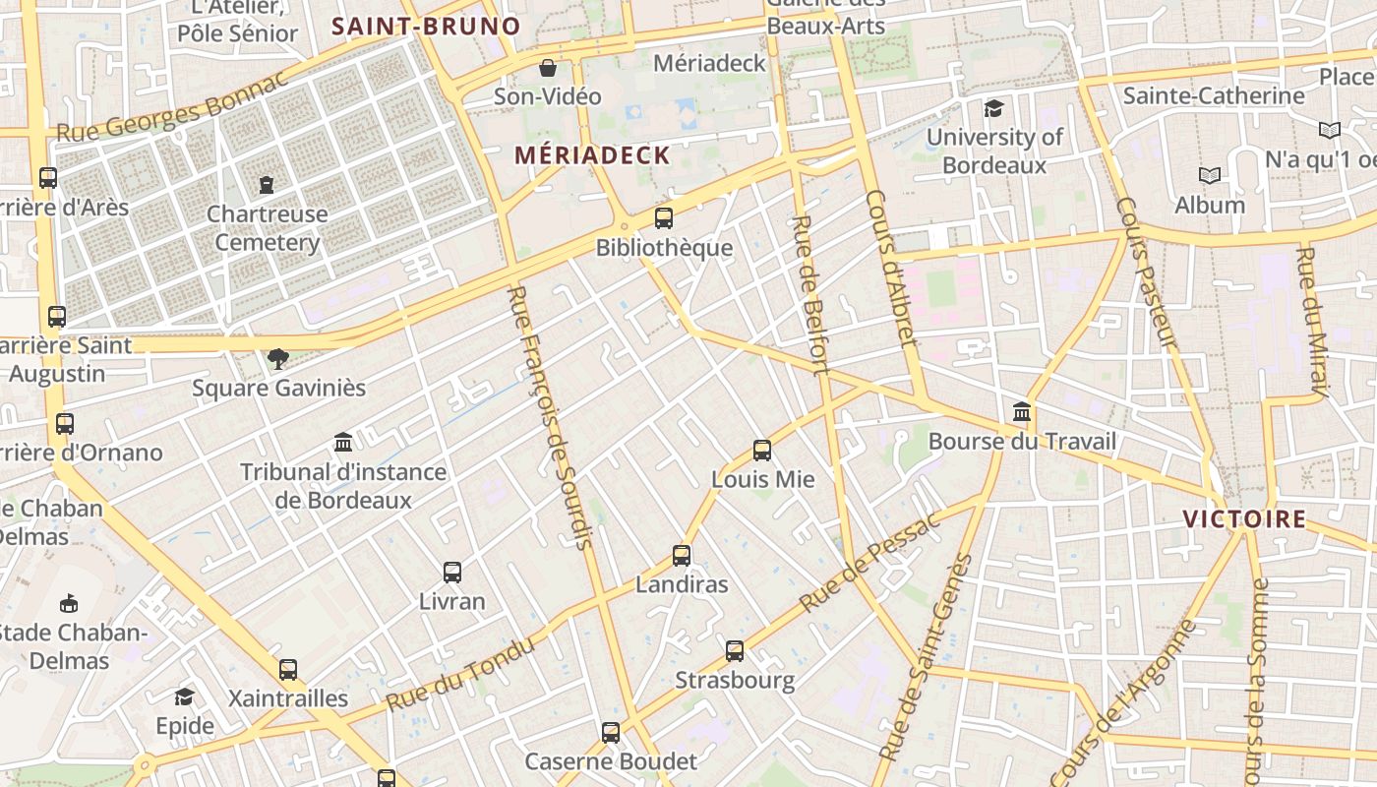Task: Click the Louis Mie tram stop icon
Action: tap(762, 451)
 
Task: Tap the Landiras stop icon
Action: tap(682, 556)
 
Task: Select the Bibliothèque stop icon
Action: tap(664, 218)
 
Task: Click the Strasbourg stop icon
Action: tap(735, 651)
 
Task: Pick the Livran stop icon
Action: tap(452, 573)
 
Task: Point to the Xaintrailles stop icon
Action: tap(288, 670)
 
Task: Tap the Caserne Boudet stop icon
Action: tap(611, 733)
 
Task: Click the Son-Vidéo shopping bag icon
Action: tap(548, 68)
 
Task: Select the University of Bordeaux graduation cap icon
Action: tap(994, 108)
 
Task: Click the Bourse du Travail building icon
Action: tap(1022, 412)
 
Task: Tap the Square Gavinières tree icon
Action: tap(278, 359)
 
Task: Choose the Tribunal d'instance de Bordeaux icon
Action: tap(343, 443)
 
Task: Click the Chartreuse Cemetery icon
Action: tap(267, 184)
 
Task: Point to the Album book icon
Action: tap(1210, 176)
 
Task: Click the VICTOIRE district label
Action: tap(1244, 519)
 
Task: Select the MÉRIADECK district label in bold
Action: tap(592, 155)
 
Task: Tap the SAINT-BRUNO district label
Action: tap(426, 27)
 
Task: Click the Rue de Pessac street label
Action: tap(869, 562)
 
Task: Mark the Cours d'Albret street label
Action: tap(892, 269)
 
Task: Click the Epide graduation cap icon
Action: tap(184, 697)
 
